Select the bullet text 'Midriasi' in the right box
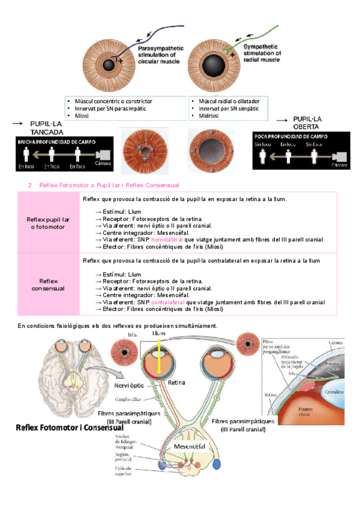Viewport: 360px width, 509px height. (209, 115)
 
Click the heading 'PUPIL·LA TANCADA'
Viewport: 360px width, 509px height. (46, 127)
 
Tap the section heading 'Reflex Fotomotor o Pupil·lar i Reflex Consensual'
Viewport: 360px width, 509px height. (105, 185)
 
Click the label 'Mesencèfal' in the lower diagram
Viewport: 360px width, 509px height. (190, 447)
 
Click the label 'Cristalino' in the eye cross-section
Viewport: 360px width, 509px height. (333, 390)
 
